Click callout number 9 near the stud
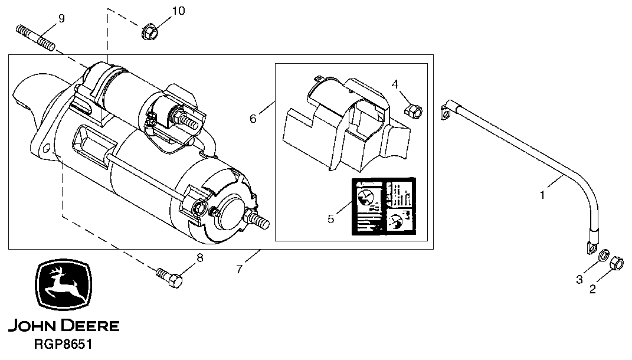point(61,18)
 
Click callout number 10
point(178,11)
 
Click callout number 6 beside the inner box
point(253,119)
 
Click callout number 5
point(331,219)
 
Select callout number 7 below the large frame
point(239,269)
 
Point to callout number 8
point(199,257)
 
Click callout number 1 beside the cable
point(543,194)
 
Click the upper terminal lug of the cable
point(447,111)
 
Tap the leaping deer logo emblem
point(63,286)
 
